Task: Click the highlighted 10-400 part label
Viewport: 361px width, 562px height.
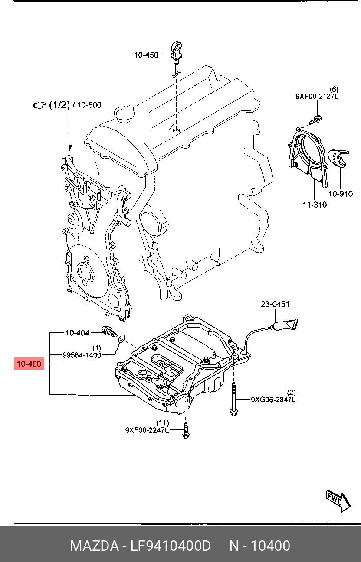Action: (x=29, y=364)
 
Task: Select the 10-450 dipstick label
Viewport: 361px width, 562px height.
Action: (x=146, y=55)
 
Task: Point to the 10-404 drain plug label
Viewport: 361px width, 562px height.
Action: (x=77, y=333)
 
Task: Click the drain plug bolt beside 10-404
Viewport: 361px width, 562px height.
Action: (x=109, y=331)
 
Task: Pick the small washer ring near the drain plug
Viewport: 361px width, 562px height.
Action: (x=121, y=338)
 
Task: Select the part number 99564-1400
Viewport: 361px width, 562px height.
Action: (x=82, y=355)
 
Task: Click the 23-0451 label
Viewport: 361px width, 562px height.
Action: (x=275, y=304)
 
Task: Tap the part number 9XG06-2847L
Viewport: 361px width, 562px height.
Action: (x=273, y=399)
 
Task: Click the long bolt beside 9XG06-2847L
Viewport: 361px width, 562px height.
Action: (x=233, y=399)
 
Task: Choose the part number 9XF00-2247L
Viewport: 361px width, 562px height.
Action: (x=147, y=430)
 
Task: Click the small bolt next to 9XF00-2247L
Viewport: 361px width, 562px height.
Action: (x=186, y=431)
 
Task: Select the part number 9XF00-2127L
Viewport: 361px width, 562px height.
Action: (x=317, y=96)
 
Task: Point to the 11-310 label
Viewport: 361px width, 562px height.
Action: (x=315, y=205)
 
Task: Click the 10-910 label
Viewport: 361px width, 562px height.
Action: (x=341, y=194)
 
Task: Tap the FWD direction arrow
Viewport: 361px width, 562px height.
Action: (x=338, y=502)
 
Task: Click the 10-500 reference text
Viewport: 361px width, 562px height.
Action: (x=89, y=105)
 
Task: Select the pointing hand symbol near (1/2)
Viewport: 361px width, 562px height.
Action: (x=40, y=105)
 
